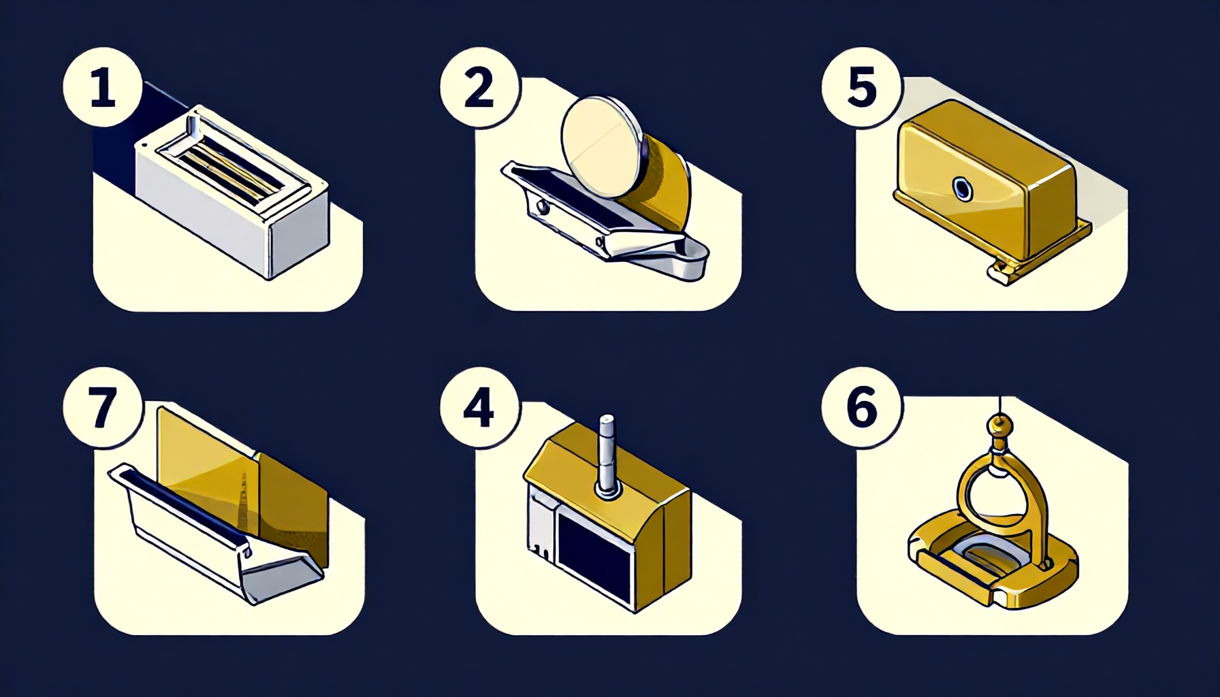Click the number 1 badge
(x=102, y=90)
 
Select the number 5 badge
(x=862, y=88)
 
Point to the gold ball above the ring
(x=999, y=427)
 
